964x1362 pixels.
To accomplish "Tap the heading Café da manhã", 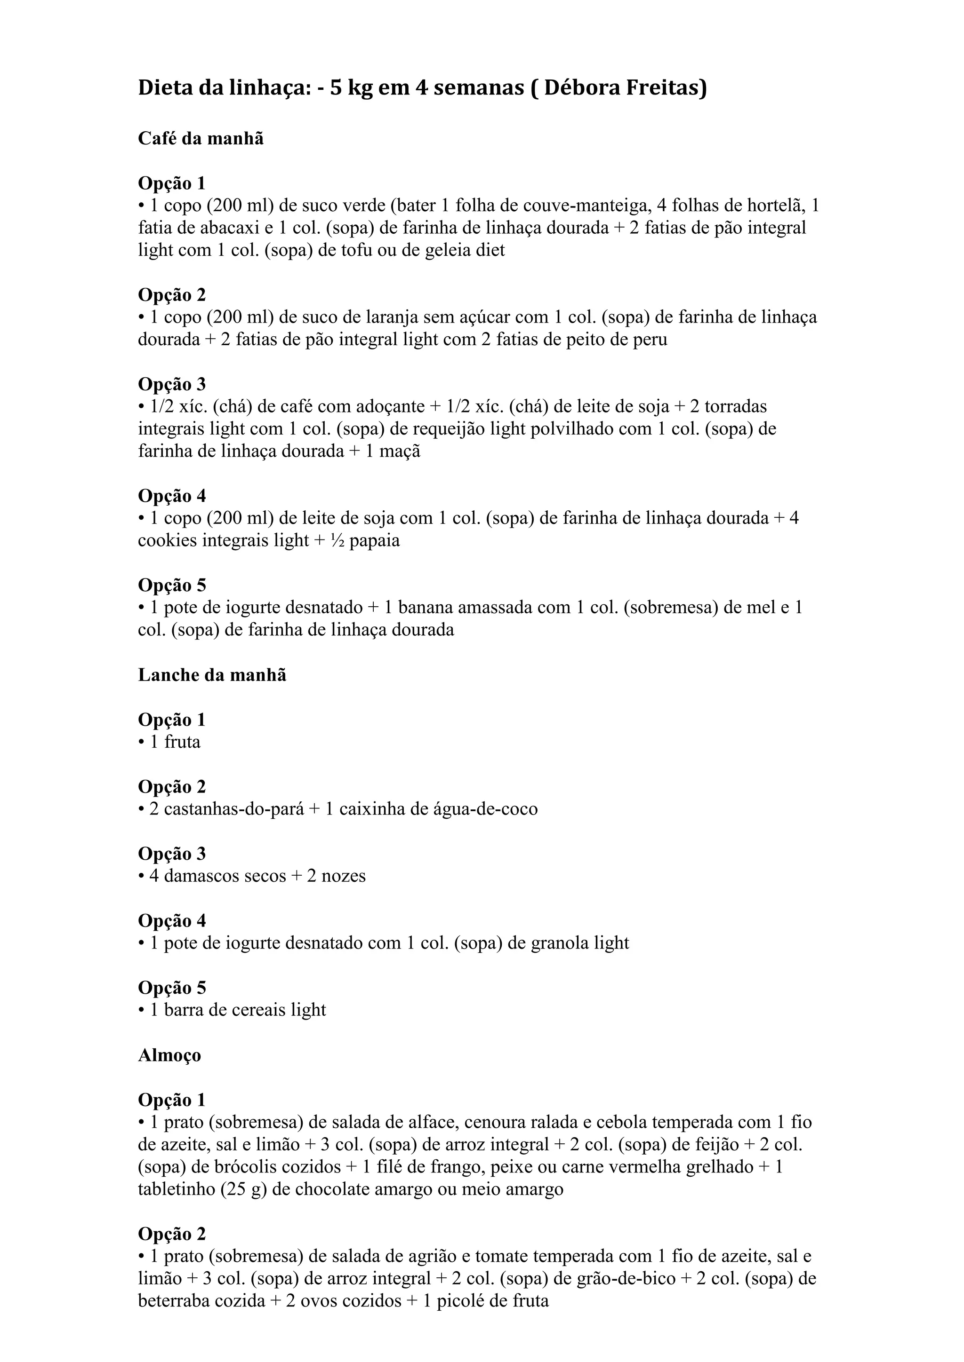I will (x=201, y=138).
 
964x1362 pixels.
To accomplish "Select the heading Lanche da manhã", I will (x=212, y=675).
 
